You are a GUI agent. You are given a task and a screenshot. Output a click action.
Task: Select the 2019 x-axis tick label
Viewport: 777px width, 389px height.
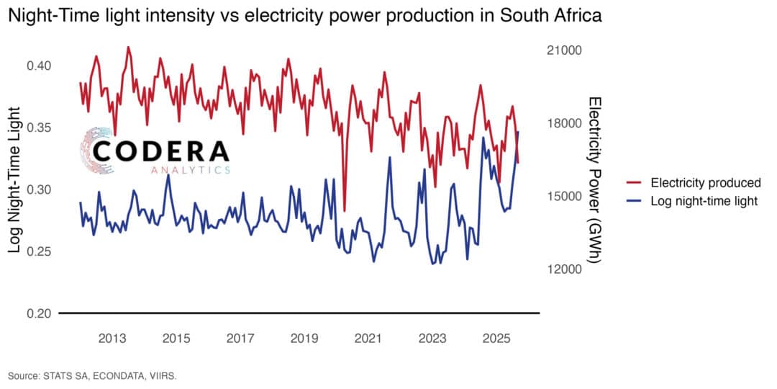point(304,339)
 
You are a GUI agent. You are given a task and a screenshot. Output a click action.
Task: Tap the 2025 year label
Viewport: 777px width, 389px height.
point(496,339)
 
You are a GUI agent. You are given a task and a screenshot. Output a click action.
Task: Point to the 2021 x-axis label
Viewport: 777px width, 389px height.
point(368,339)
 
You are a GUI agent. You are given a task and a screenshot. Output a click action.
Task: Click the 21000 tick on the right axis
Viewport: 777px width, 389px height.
point(563,50)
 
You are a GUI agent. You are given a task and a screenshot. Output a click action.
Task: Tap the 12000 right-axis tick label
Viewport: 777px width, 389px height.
point(563,269)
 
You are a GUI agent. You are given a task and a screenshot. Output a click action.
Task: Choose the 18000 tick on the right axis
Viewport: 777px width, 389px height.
point(563,123)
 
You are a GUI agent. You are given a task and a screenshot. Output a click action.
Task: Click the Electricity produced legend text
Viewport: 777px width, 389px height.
point(705,182)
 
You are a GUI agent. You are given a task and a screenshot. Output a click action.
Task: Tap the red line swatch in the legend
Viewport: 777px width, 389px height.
point(635,182)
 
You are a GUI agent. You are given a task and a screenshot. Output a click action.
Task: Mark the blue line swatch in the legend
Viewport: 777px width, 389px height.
point(635,201)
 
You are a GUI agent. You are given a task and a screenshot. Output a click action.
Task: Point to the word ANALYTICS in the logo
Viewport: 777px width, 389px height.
point(191,171)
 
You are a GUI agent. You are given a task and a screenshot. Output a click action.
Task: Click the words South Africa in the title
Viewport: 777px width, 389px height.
point(555,17)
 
